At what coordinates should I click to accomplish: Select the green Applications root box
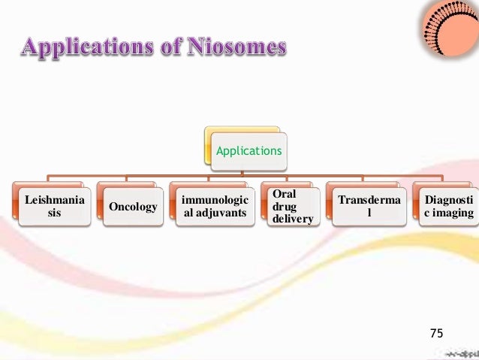point(249,150)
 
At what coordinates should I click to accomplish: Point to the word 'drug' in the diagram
point(279,206)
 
